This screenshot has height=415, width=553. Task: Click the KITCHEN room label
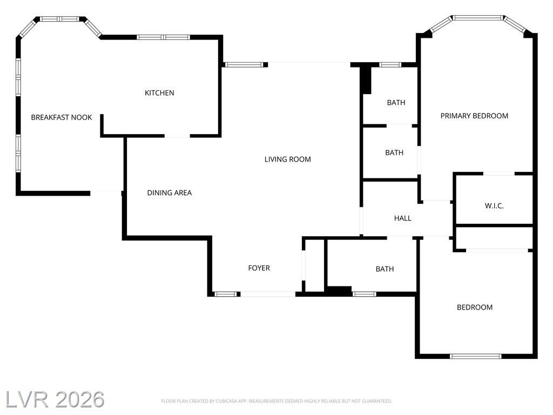[159, 93]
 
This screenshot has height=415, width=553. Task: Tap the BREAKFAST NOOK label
[62, 117]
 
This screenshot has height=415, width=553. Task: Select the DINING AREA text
[169, 193]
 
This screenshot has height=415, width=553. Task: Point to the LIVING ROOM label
[288, 159]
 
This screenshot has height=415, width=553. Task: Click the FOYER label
[259, 268]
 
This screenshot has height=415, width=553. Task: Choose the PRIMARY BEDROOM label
[474, 116]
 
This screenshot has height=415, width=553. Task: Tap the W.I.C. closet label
[494, 206]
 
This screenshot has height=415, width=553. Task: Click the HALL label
[402, 218]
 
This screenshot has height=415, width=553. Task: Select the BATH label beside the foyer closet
[385, 269]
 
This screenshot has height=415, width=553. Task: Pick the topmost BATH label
[396, 103]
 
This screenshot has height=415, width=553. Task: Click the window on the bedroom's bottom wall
[476, 356]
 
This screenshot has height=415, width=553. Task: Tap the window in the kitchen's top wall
[163, 37]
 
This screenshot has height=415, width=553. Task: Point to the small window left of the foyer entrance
[225, 294]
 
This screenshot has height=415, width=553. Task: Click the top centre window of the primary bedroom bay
[478, 18]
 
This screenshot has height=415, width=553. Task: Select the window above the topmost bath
[390, 65]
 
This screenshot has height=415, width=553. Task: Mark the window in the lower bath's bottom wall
[365, 294]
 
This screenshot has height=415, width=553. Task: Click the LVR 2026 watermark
[55, 399]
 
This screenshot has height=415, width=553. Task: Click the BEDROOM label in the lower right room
[475, 307]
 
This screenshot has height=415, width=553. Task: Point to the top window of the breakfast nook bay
[59, 19]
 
